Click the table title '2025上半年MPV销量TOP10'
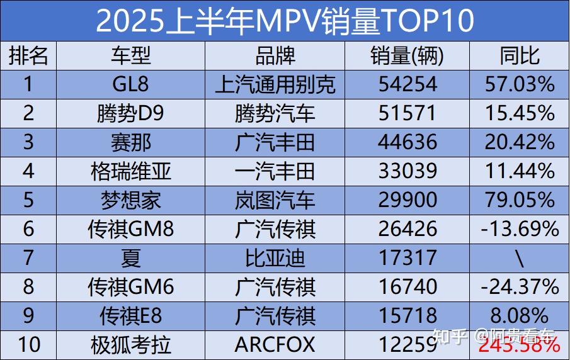click(285, 21)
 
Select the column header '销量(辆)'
click(407, 56)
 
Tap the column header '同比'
click(520, 56)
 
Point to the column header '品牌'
click(275, 56)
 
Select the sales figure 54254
click(407, 84)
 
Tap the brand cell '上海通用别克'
click(275, 84)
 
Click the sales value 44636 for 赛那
click(407, 142)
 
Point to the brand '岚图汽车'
click(275, 200)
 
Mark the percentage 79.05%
click(520, 200)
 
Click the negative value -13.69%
click(520, 228)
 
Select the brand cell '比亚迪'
click(275, 257)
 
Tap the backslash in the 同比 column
click(520, 257)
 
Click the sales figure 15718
click(407, 315)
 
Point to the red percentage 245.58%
click(520, 345)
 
